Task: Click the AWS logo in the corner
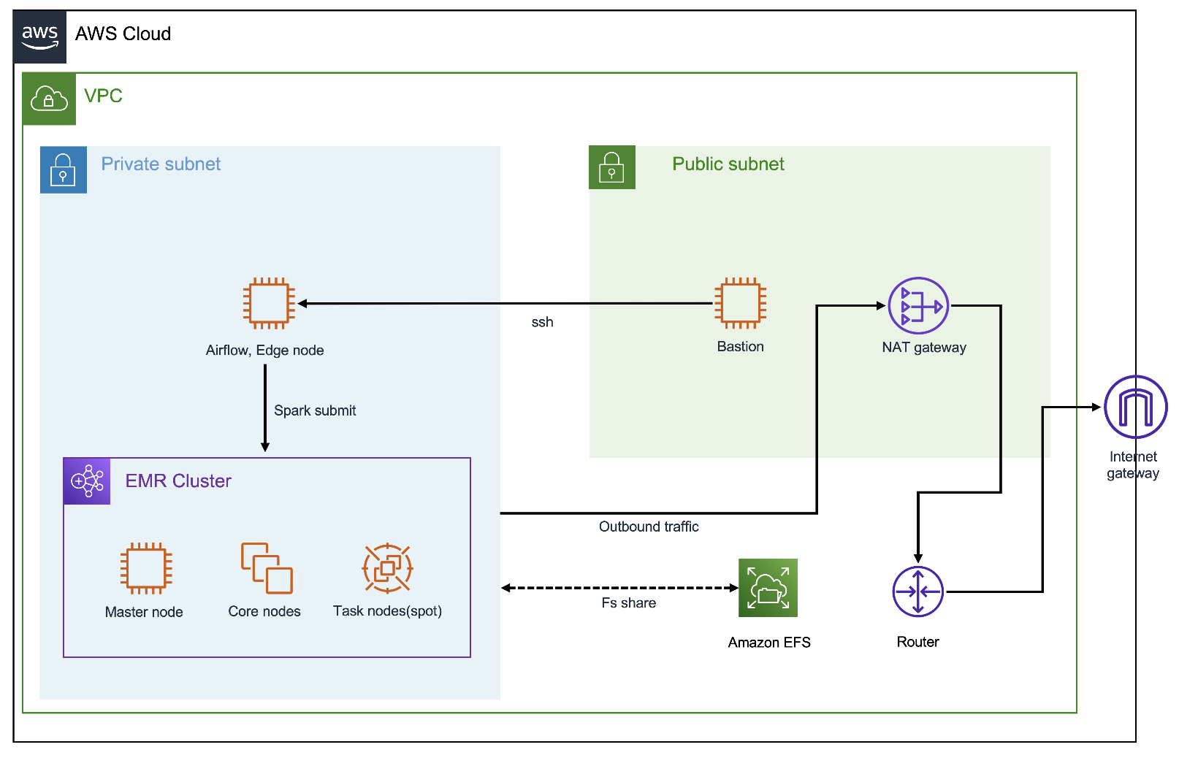click(39, 37)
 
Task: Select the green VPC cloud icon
click(49, 99)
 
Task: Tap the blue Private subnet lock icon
click(64, 169)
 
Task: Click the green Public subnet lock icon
click(612, 167)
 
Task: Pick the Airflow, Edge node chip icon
click(269, 303)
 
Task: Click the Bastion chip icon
click(740, 303)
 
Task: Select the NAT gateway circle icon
click(918, 306)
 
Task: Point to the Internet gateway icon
click(1135, 407)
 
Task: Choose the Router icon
click(918, 592)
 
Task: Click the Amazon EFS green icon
click(768, 588)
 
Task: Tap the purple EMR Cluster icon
click(87, 481)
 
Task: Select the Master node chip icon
click(146, 568)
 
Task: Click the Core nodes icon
click(267, 568)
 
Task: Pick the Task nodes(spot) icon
click(387, 568)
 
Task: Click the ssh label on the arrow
click(542, 322)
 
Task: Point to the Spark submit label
click(315, 410)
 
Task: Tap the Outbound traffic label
click(649, 527)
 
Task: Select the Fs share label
click(628, 603)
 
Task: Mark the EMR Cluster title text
click(178, 481)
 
